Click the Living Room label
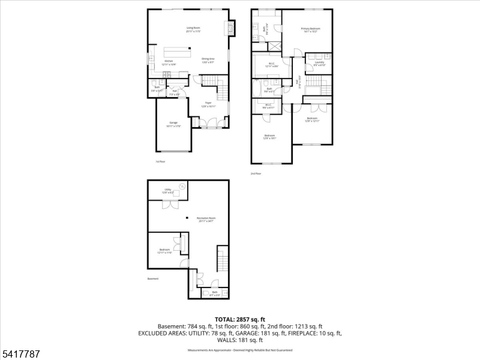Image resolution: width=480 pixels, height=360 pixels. pos(193,29)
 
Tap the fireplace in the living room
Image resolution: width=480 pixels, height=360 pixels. pos(228,29)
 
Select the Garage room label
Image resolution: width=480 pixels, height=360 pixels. pos(173,124)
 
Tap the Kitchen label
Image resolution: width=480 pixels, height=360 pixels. pos(169,62)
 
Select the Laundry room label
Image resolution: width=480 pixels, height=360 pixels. pos(319,63)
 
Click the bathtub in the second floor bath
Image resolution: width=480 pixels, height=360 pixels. pos(257,91)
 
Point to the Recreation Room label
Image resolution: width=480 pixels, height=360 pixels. pos(206,219)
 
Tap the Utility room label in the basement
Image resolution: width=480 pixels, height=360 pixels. pos(168,191)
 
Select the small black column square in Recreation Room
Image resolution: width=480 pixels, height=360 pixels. pos(187,217)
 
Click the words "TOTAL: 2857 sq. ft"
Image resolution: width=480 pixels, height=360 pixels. pos(239,319)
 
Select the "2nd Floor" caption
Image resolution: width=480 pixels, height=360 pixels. pos(256,173)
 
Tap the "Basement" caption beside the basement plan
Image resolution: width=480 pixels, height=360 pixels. pos(154,279)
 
